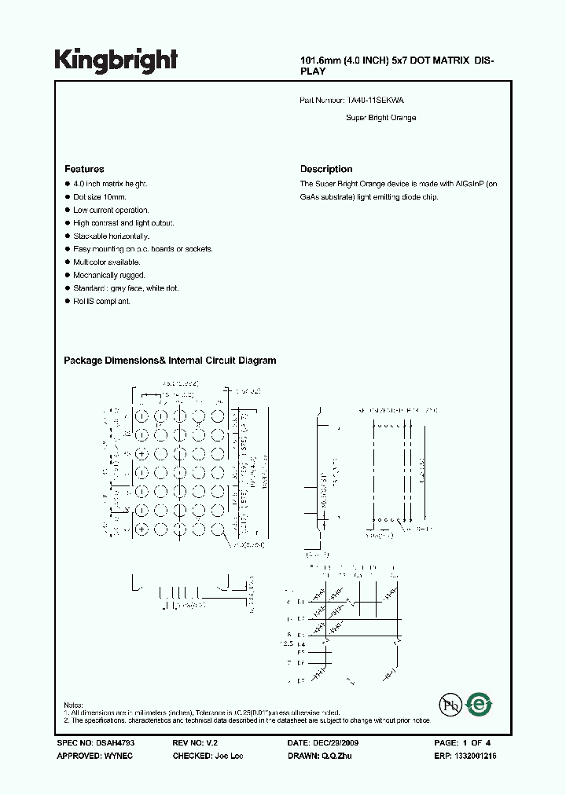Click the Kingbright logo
pos(116,60)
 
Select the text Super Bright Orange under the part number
pos(381,118)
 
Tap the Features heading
pos(84,169)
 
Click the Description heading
pos(326,169)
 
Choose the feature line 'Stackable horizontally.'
pos(111,236)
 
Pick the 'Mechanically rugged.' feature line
pos(107,275)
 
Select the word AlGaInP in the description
pos(470,184)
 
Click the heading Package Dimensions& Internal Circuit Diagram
pos(170,361)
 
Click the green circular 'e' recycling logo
pos(478,705)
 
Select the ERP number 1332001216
pos(475,756)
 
